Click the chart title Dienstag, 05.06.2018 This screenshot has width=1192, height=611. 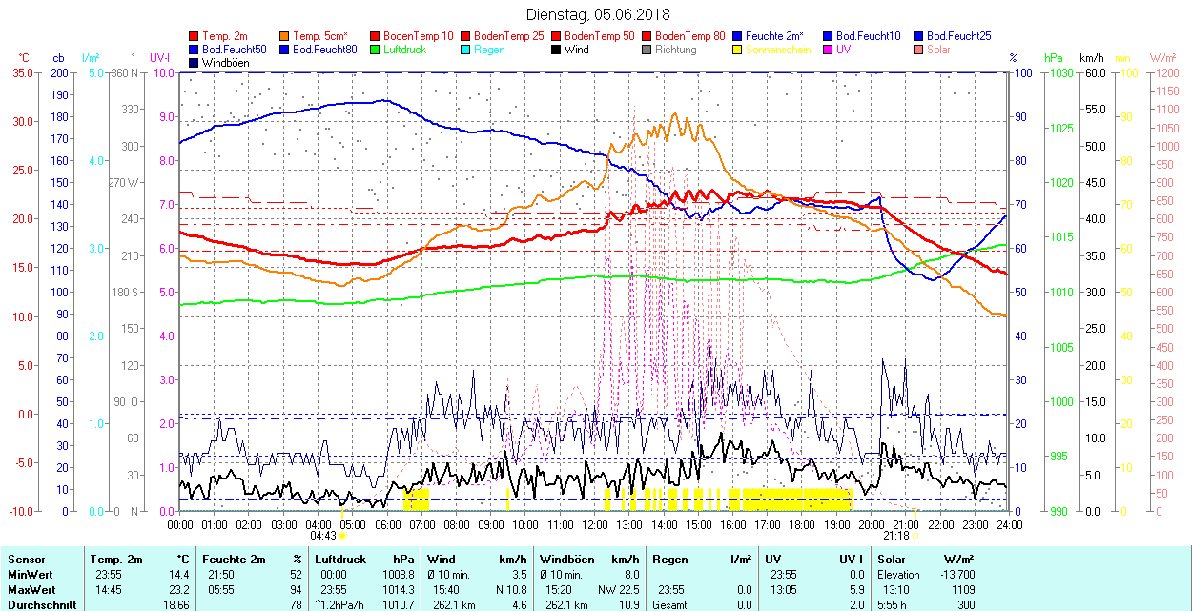coord(598,14)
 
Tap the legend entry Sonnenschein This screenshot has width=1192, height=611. coord(778,50)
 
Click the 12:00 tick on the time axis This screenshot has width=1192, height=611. coord(595,523)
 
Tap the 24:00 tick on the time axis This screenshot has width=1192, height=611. coord(1009,523)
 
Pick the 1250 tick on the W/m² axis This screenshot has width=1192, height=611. coord(1167,72)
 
